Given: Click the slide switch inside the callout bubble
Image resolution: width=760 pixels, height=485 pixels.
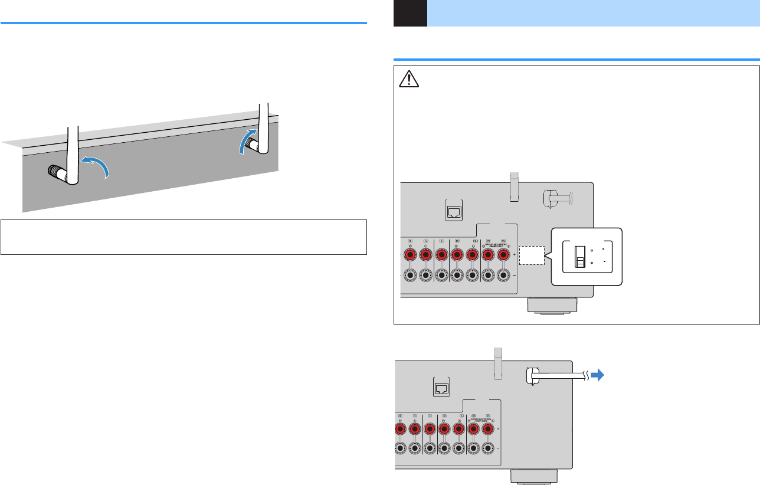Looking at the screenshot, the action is pos(581,258).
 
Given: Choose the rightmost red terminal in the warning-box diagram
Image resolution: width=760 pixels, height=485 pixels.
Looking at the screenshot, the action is pos(503,255).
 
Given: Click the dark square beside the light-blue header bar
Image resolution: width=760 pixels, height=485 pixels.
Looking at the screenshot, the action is pos(410,13).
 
